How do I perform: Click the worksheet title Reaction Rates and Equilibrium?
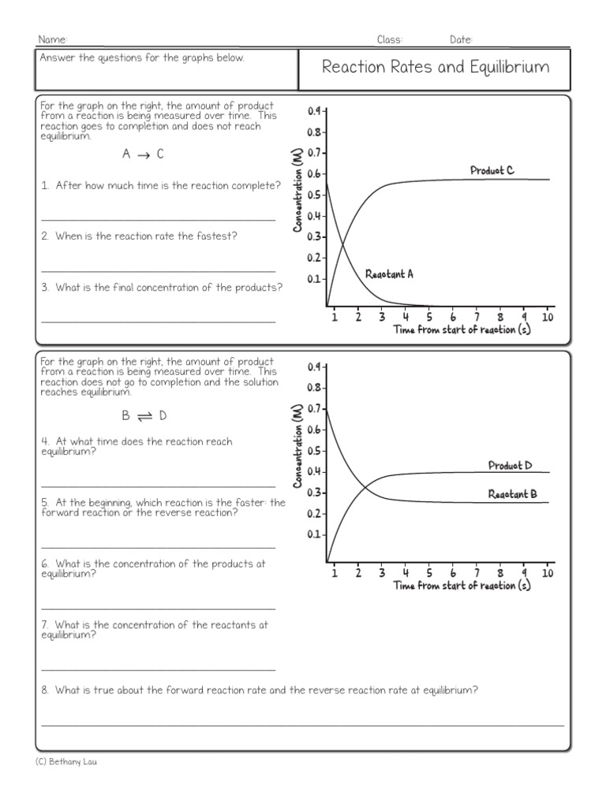coord(435,67)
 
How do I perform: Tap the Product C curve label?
coord(492,170)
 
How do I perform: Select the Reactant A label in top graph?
coord(389,274)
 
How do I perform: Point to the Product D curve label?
coord(510,465)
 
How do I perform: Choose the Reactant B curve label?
coord(512,494)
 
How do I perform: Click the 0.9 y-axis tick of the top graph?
coord(314,111)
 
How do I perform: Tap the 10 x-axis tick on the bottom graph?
coord(548,573)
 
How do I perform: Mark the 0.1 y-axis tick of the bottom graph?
coord(314,534)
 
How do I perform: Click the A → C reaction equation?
coord(143,154)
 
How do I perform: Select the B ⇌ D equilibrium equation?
coord(144,415)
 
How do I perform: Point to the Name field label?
coord(52,40)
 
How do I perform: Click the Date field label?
coord(461,40)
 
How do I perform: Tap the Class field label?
coord(390,40)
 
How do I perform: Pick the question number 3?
coord(46,288)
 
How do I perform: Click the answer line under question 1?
coord(158,219)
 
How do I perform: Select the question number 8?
coord(46,690)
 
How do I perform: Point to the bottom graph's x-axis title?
coord(462,586)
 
